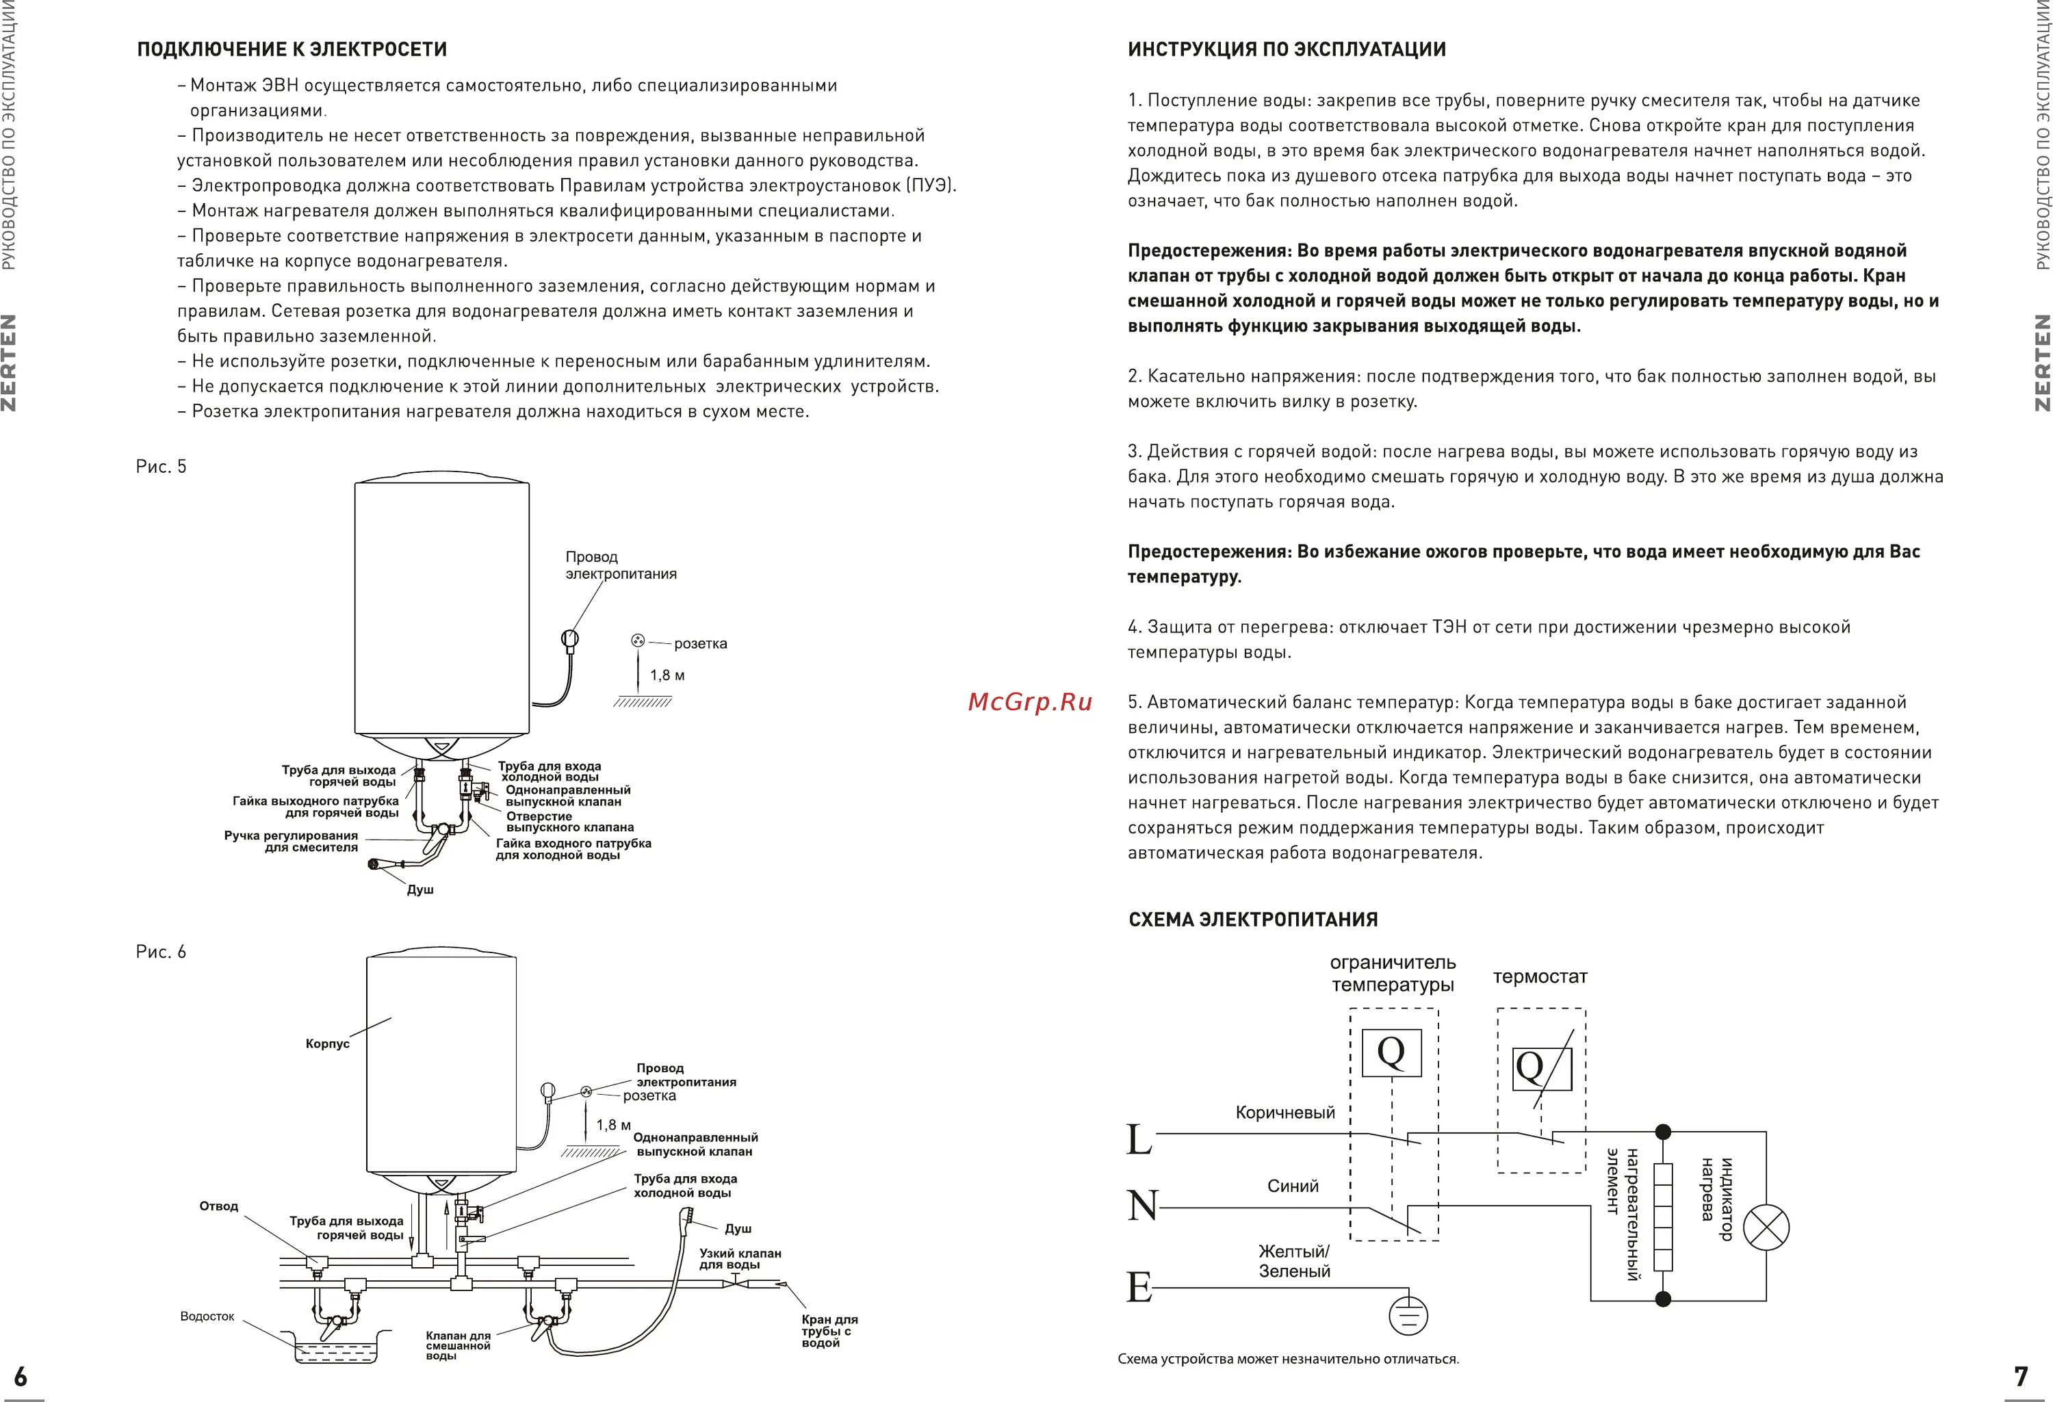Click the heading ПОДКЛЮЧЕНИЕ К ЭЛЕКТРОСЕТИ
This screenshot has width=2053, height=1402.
coord(292,49)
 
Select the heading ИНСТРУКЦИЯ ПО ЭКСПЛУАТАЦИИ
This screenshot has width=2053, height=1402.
coord(1287,49)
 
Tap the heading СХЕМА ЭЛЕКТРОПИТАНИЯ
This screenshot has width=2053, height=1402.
coord(1252,920)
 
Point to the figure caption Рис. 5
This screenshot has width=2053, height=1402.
coord(161,467)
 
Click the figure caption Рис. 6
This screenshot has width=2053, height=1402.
coord(161,952)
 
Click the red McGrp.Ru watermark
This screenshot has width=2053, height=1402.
coord(1030,701)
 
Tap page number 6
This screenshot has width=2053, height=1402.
coord(21,1377)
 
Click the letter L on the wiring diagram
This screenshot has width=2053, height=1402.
coord(1139,1140)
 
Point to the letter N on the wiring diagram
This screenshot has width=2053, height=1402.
coord(1142,1205)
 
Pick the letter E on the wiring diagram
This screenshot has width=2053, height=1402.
coord(1139,1287)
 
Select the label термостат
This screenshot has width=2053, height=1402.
coord(1540,977)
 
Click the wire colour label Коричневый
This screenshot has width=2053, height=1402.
coord(1284,1113)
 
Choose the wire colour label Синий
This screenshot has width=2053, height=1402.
coord(1293,1186)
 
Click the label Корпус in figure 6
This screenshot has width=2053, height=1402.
coord(328,1044)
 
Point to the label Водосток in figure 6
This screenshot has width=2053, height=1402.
coord(207,1316)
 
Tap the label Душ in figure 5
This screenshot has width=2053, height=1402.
coord(419,890)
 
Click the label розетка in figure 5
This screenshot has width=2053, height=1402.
coord(701,643)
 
